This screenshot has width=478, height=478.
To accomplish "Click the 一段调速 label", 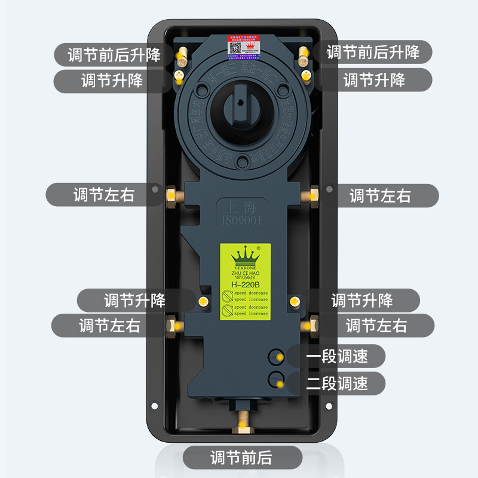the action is [x=337, y=357].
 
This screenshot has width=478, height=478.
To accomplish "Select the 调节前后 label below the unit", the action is [x=241, y=458].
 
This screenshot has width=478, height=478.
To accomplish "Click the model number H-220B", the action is [x=245, y=284].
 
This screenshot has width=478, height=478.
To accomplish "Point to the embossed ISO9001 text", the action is [x=243, y=221].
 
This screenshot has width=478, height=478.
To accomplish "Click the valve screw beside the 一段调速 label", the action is [x=277, y=357].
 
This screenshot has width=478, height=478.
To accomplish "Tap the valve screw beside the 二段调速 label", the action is [x=277, y=378].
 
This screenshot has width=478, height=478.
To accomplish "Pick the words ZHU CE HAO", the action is [x=245, y=272].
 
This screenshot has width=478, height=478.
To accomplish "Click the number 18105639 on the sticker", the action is [x=245, y=278].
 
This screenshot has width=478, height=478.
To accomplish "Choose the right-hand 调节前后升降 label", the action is [x=373, y=52].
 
